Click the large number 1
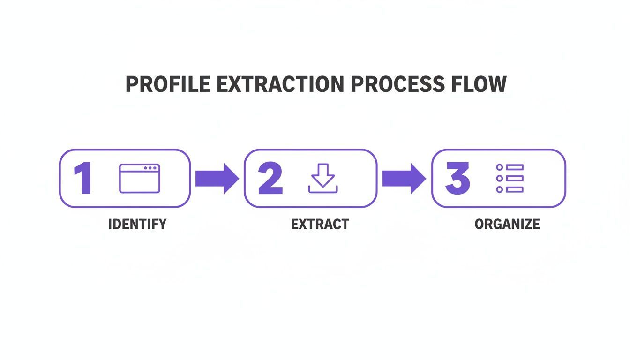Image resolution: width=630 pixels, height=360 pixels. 83,179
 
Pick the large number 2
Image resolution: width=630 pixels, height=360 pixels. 270,179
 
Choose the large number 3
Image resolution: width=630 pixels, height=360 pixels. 457,179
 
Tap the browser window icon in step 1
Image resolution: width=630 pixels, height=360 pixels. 139,179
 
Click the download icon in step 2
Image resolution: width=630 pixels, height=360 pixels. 322,179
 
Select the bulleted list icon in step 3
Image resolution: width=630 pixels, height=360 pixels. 510,179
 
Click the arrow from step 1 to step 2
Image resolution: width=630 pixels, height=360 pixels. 217,179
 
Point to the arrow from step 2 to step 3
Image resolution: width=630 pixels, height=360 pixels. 404,179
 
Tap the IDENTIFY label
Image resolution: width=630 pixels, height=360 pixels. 137,224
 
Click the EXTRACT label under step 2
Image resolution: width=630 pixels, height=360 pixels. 320,224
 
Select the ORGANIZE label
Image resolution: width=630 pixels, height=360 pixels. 507,224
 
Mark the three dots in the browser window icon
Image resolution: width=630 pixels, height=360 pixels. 150,168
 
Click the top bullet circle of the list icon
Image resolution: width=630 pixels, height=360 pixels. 499,167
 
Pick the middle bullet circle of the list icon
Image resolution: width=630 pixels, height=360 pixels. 499,179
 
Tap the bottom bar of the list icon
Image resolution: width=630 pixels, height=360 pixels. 515,189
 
